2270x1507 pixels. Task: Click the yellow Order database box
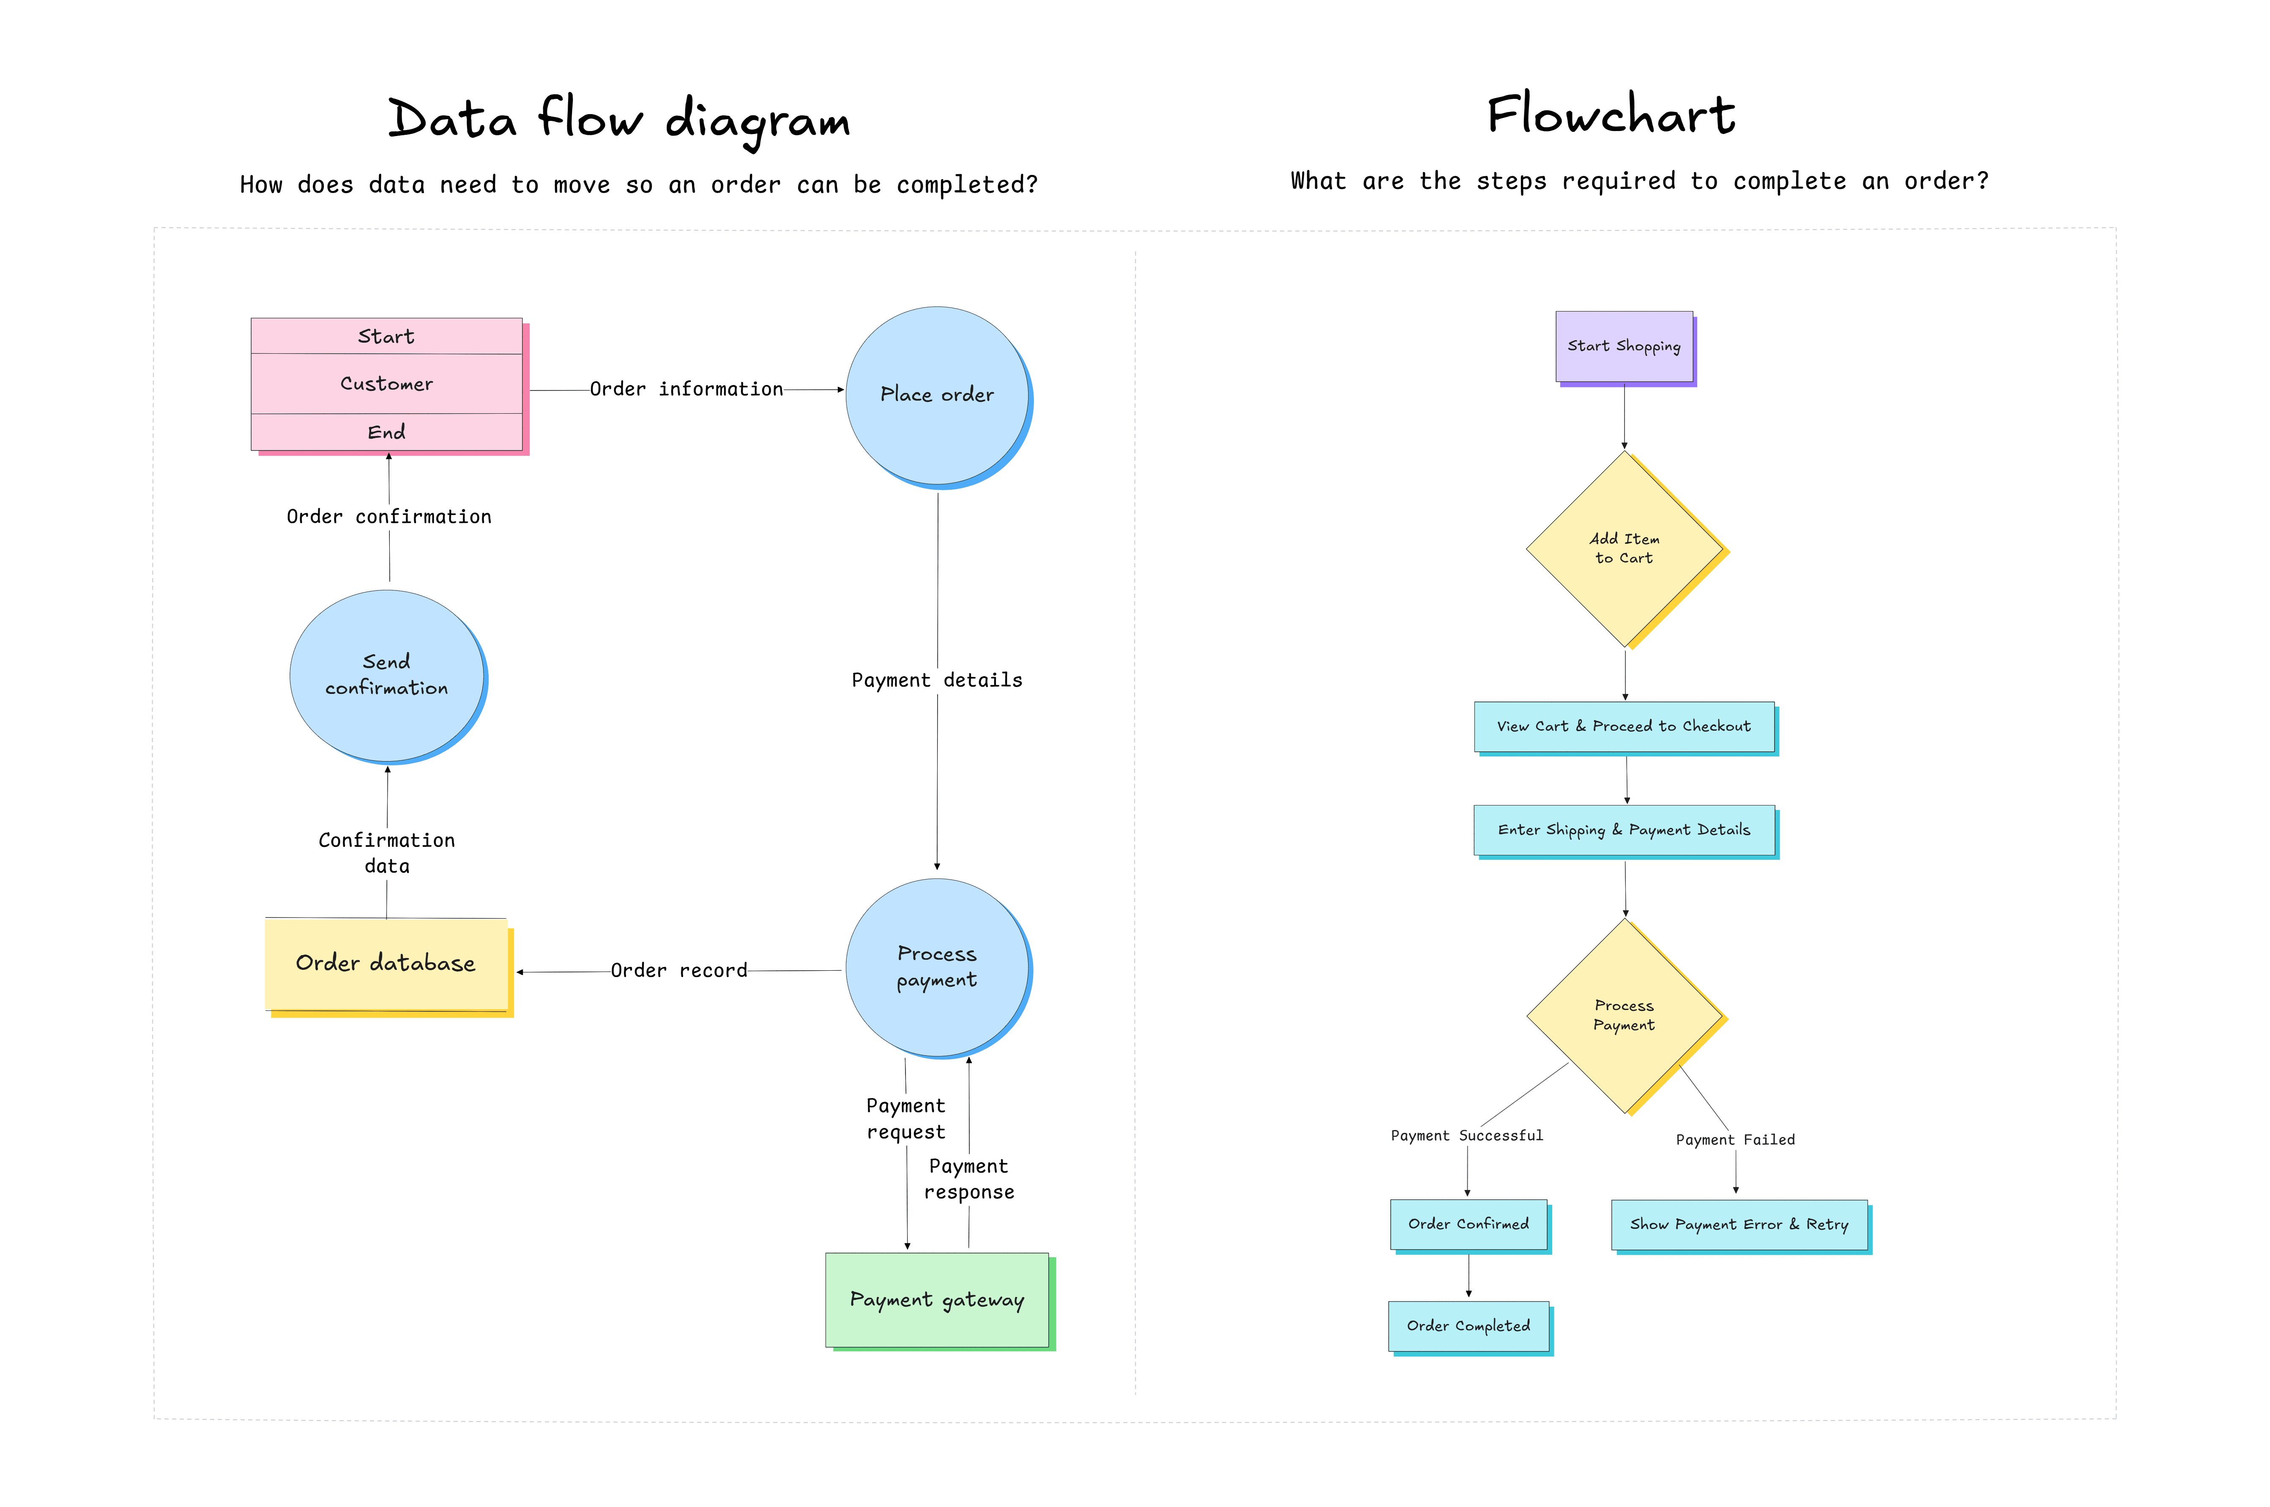click(x=386, y=963)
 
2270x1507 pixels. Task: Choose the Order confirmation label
click(x=388, y=517)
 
